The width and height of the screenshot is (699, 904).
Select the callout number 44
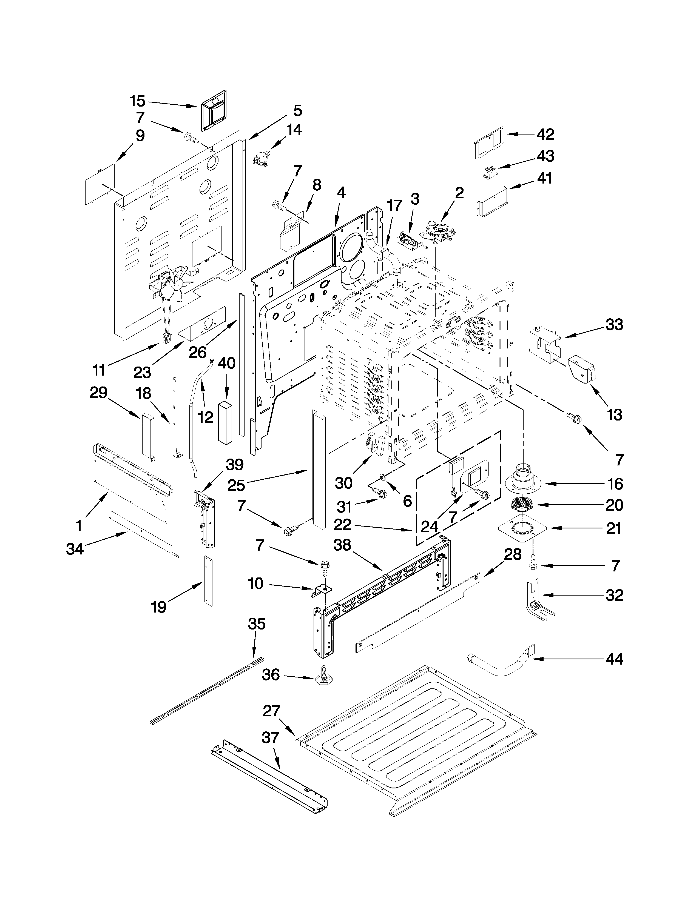[614, 659]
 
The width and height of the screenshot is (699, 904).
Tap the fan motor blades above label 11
[172, 286]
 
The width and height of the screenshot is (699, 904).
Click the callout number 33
[614, 325]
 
